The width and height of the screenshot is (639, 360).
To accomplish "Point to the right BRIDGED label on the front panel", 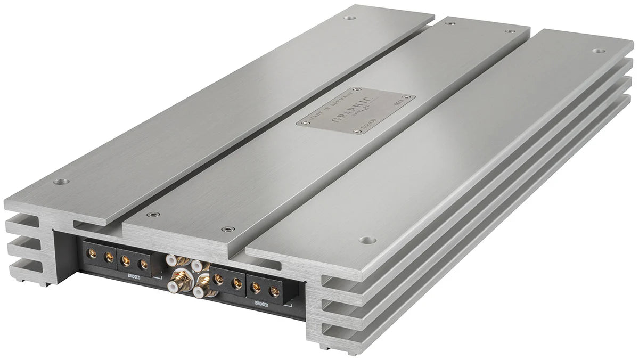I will pos(261,304).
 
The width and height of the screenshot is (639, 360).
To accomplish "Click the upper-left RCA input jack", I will pos(171,260).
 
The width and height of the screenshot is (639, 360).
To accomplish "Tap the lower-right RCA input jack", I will pos(199,291).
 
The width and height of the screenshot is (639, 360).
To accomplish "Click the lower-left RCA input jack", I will pos(173,285).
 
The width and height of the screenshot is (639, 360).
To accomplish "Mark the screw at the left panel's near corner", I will pos(61,182).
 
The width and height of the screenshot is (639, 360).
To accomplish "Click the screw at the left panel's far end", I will pos(349,17).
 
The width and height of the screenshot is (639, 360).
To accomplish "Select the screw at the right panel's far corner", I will pos(598,51).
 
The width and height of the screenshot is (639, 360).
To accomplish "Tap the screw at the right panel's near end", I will pos(365,240).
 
